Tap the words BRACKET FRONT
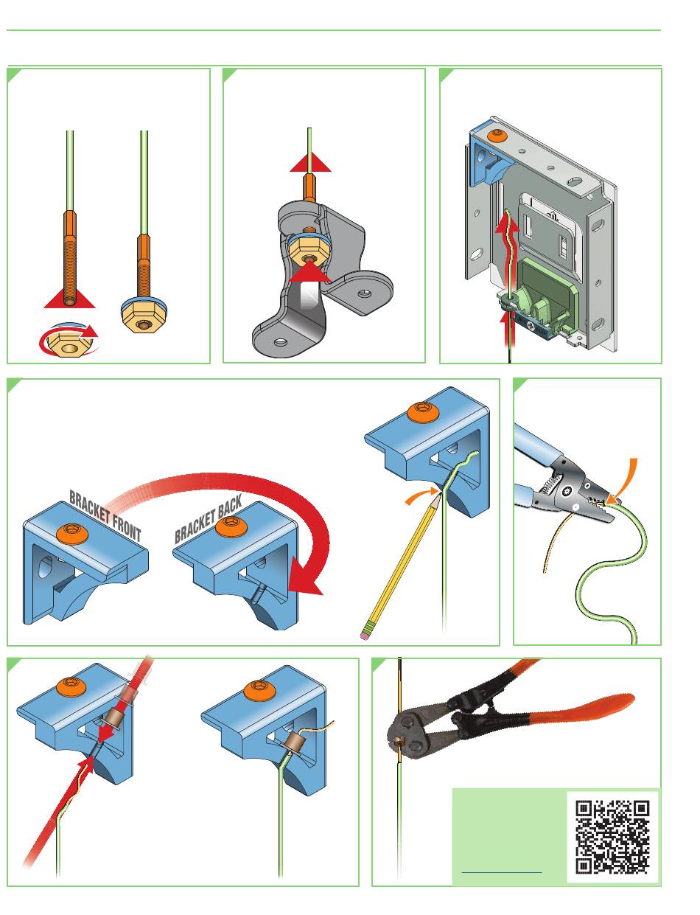tap(105, 515)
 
